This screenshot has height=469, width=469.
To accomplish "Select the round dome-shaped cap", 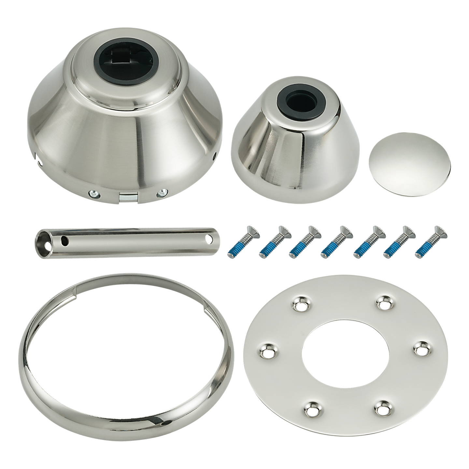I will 409,164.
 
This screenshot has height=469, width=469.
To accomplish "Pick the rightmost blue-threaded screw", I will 430,242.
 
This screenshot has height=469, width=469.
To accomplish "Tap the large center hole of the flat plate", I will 345,353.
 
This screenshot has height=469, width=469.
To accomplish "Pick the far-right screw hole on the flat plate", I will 422,349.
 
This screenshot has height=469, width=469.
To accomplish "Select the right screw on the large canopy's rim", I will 161,194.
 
